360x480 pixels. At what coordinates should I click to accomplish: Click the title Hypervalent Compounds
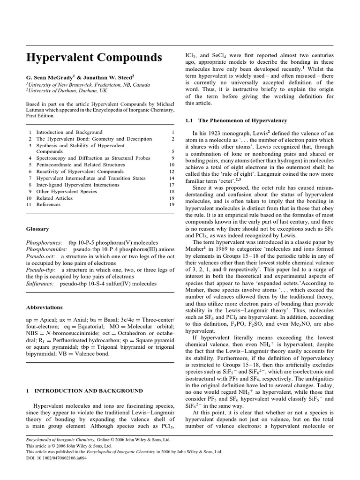tap(94, 57)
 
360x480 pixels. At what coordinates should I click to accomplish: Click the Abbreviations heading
tap(44, 307)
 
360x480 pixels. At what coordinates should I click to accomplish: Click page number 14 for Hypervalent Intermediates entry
tap(171, 178)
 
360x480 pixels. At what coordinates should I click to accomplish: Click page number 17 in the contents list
tap(171, 185)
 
